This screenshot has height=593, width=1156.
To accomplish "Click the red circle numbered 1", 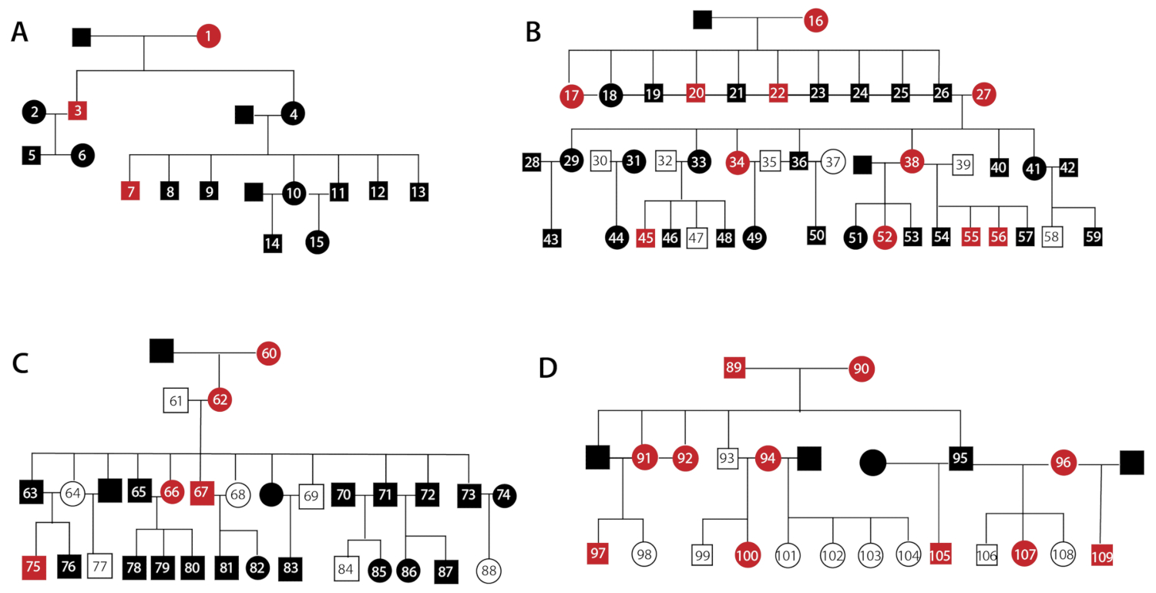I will click(x=208, y=35).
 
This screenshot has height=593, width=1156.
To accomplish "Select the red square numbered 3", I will click(x=77, y=111).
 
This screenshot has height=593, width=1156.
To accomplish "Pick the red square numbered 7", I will click(x=130, y=190).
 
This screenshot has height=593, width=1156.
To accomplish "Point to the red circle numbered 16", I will click(x=817, y=21).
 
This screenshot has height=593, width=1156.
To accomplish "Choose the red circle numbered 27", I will click(x=983, y=94).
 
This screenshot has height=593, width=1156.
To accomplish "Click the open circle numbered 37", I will click(x=832, y=163).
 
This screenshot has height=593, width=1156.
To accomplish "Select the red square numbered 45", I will click(x=646, y=238).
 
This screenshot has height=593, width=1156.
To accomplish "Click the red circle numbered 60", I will click(x=269, y=353).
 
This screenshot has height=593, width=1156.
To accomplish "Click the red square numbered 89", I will click(x=734, y=369).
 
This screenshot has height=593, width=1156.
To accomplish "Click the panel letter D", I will click(x=549, y=369).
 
